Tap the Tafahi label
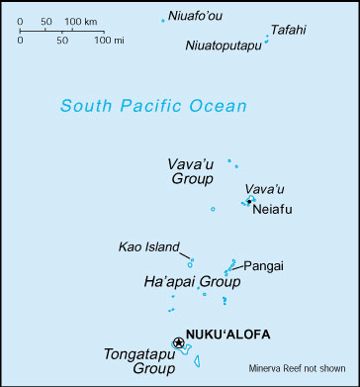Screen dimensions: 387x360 point(288,30)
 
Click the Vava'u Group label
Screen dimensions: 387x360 point(189,170)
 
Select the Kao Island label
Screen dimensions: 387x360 point(148,247)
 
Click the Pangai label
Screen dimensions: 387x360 point(264,265)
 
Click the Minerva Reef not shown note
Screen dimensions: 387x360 point(296,365)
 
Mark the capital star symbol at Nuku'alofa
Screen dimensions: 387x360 point(179,342)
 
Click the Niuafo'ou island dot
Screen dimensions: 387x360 point(163,20)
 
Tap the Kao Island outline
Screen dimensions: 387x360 point(190,262)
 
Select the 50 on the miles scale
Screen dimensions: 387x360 point(61,41)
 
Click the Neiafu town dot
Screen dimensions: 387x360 point(248,202)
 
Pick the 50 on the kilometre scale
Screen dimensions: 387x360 point(46,21)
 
